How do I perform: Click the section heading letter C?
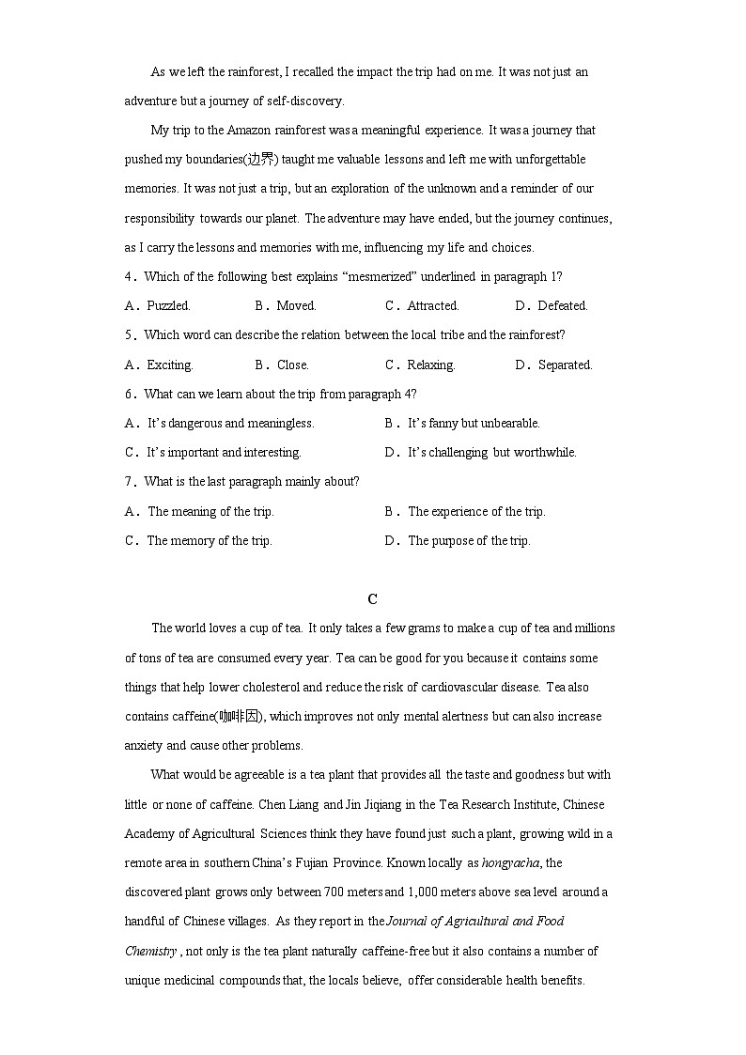coord(373,599)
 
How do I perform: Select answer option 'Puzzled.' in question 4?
coord(168,305)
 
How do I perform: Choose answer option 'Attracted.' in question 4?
coord(433,305)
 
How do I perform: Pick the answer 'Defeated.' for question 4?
coord(563,305)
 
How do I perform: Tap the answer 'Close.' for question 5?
coord(293,365)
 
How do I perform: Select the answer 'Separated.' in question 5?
coord(565,365)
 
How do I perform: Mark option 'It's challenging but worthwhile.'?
coord(491,452)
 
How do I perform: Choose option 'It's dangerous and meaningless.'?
coord(230,423)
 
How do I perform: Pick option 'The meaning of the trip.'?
coord(210,511)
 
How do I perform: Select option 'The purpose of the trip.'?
coord(469,540)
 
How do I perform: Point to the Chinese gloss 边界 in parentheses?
coord(260,159)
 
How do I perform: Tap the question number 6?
coord(129,394)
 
